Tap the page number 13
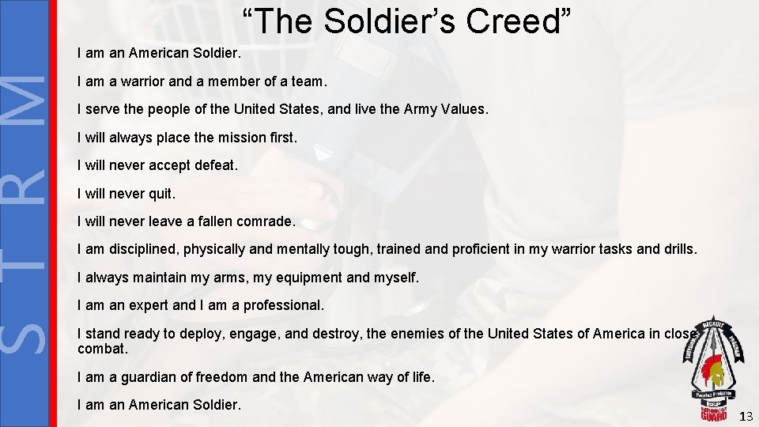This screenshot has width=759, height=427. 746,417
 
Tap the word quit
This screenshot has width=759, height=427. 162,194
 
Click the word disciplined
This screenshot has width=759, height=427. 142,250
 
